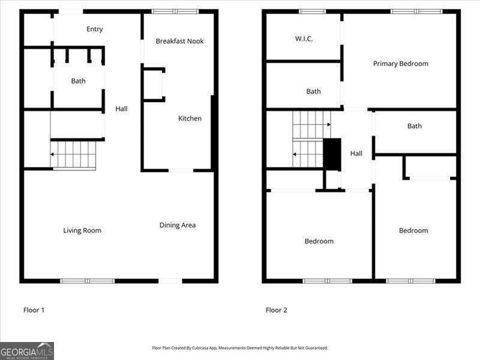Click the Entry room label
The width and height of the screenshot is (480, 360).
point(94,29)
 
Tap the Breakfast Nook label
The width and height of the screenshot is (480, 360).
point(179,41)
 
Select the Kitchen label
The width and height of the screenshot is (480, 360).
point(190,119)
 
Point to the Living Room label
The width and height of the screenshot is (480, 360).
point(82,230)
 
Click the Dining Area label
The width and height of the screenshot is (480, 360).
point(178,226)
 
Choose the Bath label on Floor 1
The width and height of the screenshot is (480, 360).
point(78,81)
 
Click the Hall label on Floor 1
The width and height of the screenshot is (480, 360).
point(121,109)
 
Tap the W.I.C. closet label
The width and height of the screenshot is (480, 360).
point(304,39)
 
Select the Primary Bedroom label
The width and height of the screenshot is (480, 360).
point(401,64)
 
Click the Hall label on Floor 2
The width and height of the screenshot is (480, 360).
point(356,154)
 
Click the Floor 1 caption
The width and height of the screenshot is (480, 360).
point(34,310)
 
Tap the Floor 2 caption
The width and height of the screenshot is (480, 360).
point(277,310)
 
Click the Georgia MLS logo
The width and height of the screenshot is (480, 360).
point(27,350)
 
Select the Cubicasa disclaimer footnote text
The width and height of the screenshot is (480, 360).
point(240,348)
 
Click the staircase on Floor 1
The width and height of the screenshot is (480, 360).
point(73,154)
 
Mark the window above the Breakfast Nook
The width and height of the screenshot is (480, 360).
point(175,11)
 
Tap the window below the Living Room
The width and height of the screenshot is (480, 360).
point(88,281)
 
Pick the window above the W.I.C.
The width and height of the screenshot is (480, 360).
point(312,11)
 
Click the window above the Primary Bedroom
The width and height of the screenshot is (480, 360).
point(416,11)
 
